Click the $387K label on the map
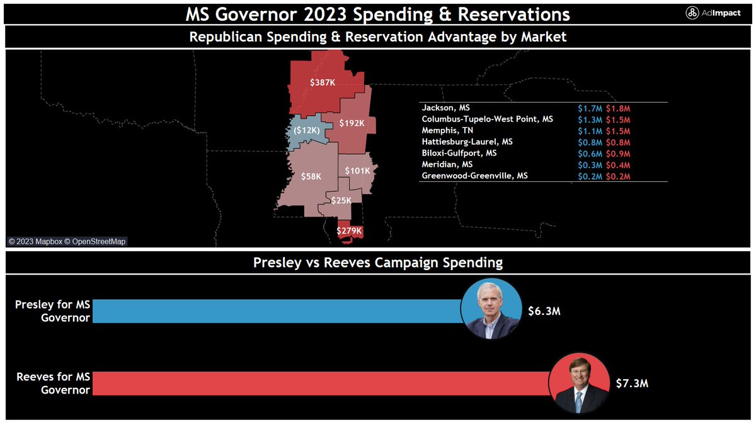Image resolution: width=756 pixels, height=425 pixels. point(323,82)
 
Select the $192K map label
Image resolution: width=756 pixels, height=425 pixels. point(352,123)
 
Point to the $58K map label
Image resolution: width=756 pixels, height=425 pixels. point(311,177)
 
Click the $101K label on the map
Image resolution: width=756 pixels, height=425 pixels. point(357,170)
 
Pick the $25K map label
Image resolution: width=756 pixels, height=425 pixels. point(342,200)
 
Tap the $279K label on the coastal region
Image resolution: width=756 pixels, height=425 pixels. point(349,231)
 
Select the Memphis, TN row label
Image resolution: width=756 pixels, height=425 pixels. point(444,130)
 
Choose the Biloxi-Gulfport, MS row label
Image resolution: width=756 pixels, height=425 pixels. point(459,153)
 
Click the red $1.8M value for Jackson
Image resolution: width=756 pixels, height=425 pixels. point(618,108)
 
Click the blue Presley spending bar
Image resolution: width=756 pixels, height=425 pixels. point(277,311)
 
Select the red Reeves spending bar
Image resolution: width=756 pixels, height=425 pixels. point(321,383)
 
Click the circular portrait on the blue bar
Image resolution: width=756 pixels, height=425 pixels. point(491,309)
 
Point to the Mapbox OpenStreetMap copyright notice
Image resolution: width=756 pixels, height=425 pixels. point(67,241)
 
